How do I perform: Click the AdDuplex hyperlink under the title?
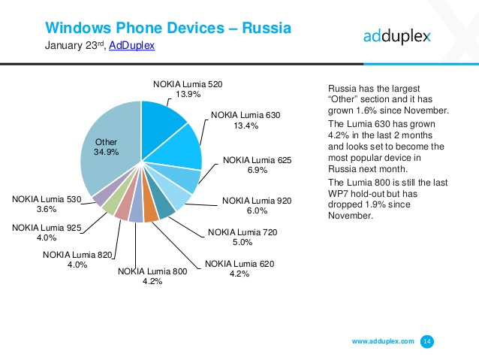(131, 46)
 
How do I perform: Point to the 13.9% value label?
(188, 95)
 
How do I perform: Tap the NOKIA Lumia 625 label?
(256, 161)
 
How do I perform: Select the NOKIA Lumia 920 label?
(256, 201)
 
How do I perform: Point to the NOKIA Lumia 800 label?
(152, 271)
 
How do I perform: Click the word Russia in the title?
(266, 29)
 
